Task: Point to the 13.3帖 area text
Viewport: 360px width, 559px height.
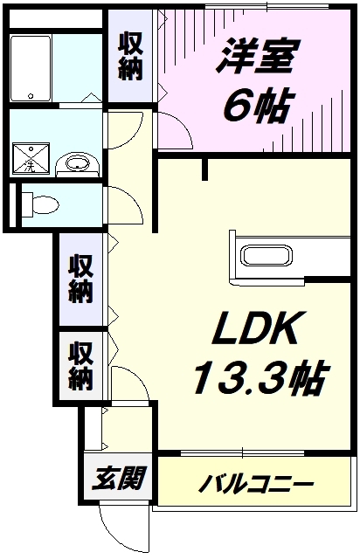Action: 260,377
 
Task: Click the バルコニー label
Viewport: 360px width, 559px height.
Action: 256,485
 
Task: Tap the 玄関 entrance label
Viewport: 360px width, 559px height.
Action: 119,478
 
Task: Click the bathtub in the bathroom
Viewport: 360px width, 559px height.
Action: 30,68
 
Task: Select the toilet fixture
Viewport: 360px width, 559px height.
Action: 40,205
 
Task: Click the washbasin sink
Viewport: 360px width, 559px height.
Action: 78,164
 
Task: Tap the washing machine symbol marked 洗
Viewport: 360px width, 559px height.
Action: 31,159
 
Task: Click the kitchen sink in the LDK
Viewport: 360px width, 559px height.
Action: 267,255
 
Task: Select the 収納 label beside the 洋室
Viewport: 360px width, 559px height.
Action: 130,56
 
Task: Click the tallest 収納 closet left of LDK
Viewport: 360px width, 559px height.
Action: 81,279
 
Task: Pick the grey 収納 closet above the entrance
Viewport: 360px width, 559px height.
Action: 81,365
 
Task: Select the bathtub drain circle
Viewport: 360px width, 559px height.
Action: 31,95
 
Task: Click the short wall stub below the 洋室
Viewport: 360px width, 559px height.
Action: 204,169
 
